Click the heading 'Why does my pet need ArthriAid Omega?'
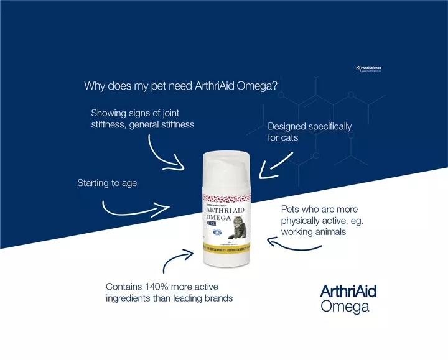coord(180,86)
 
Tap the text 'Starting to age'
coord(107,183)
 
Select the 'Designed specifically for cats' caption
coord(309,132)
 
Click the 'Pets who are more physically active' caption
coord(320,221)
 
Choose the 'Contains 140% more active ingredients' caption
coord(169,292)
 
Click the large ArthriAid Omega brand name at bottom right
coord(348,298)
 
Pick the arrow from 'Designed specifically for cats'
coord(274,162)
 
